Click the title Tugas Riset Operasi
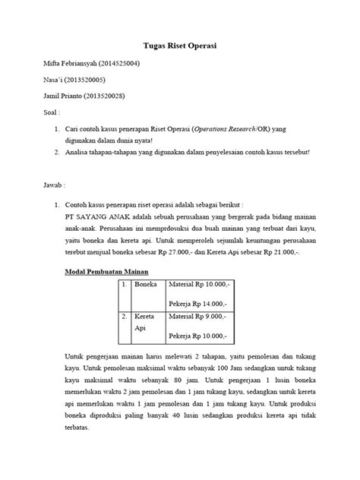tap(180, 46)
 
